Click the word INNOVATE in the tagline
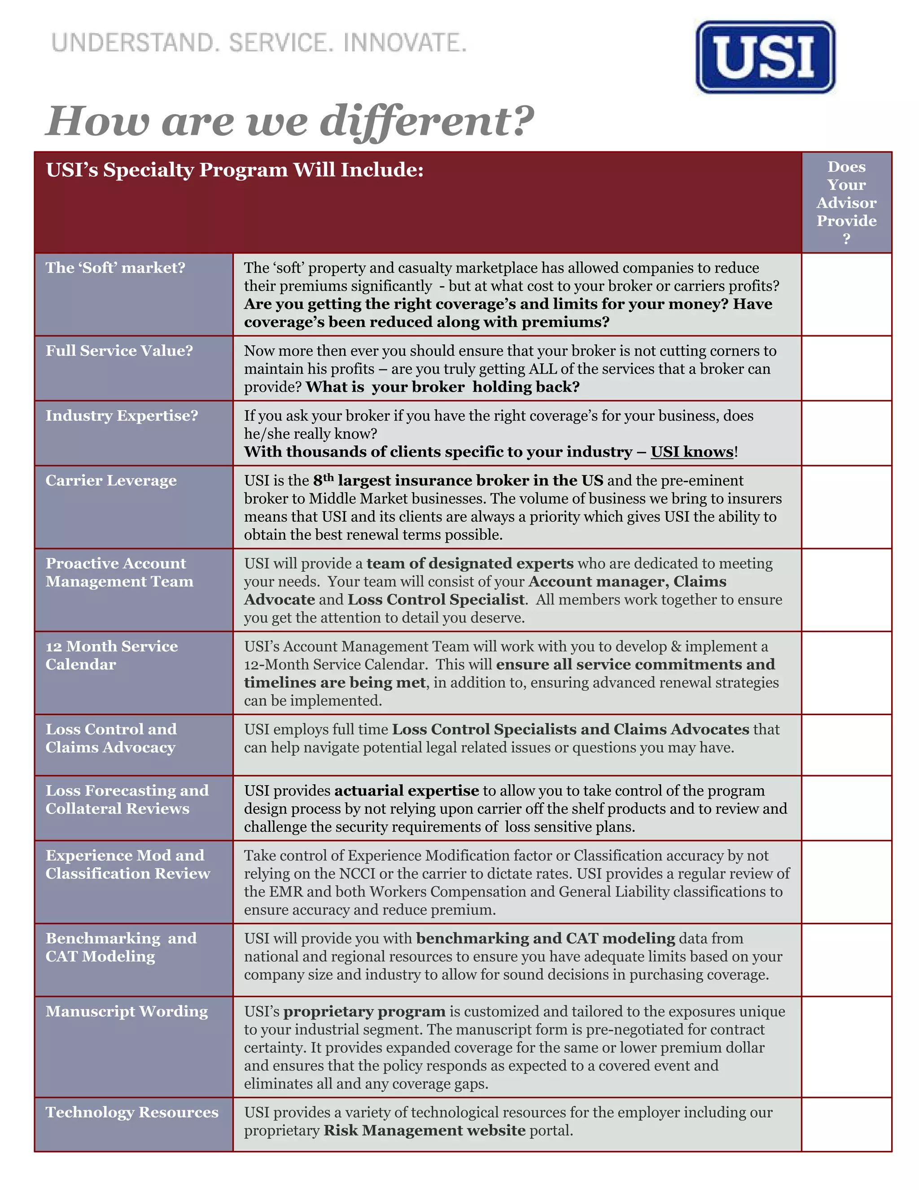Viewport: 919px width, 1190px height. click(x=404, y=43)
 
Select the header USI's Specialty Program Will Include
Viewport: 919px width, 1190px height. click(x=234, y=170)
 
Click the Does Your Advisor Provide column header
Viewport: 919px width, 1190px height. click(x=846, y=202)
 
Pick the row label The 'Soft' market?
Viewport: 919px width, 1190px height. click(x=115, y=268)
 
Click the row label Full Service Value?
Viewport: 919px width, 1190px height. click(x=119, y=350)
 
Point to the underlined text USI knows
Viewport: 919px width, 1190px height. click(x=692, y=452)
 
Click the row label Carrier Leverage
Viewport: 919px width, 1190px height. click(x=111, y=480)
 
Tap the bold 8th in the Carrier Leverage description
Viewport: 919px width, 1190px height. click(x=323, y=479)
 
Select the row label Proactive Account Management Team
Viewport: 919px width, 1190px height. click(x=119, y=572)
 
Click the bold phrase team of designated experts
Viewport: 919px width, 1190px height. click(x=469, y=563)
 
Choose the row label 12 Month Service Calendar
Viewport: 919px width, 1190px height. click(x=112, y=655)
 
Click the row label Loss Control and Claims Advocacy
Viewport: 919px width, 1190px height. click(x=111, y=738)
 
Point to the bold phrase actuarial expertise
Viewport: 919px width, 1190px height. click(x=407, y=790)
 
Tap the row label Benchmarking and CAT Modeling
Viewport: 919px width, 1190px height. click(x=121, y=947)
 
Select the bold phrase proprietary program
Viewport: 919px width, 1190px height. click(x=364, y=1011)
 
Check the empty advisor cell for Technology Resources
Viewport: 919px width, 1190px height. click(x=846, y=1124)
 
